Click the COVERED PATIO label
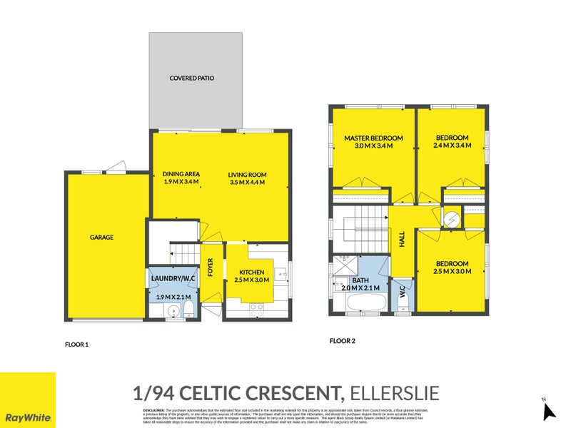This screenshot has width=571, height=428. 191,78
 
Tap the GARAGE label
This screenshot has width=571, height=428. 101,238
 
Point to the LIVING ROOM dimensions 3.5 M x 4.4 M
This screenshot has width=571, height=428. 247,183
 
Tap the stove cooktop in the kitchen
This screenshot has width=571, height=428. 256,308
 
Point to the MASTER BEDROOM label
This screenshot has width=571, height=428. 373,138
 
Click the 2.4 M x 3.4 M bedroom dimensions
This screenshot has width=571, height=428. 452,146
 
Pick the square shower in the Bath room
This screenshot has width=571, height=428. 344,266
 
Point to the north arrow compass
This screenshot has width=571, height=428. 549,410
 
